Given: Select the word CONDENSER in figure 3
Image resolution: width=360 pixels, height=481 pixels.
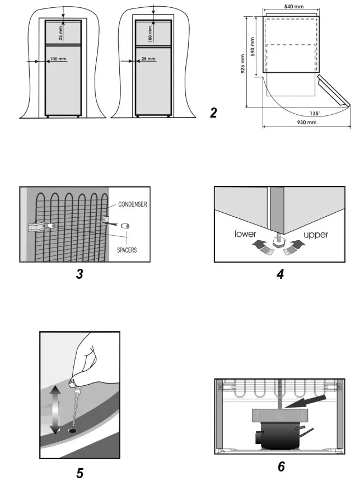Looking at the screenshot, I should click(133, 205).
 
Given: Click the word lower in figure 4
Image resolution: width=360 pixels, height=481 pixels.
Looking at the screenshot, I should click(246, 234).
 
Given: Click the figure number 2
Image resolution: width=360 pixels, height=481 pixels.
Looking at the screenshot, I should click(213, 113).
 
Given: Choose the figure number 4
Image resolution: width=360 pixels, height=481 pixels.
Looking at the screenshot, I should click(280, 275).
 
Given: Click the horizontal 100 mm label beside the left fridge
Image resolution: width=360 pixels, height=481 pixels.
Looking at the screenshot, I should click(58, 59).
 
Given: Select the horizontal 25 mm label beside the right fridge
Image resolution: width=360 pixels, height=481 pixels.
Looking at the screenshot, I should click(148, 59).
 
